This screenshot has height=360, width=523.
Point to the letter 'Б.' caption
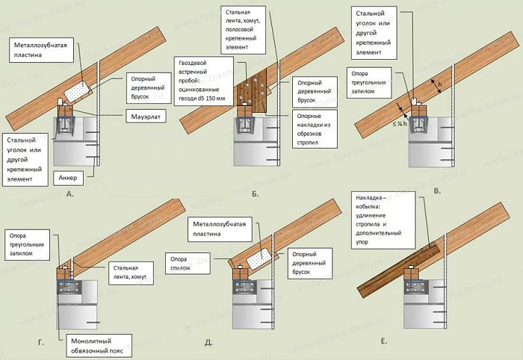pos(254,193)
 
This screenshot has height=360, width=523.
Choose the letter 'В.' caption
pos(437,191)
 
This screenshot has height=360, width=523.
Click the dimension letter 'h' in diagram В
pos(440,87)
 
